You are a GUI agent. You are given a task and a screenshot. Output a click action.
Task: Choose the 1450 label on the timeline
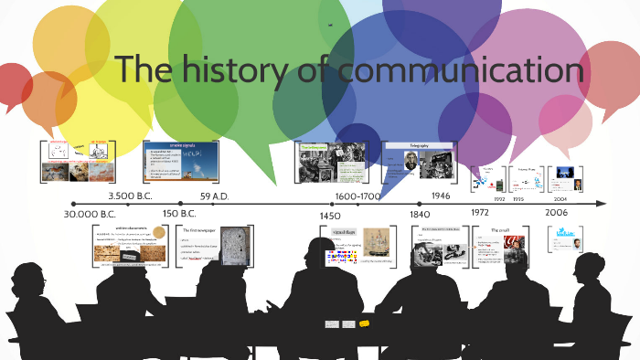[329, 214]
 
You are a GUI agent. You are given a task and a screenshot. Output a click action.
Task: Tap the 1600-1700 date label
[359, 196]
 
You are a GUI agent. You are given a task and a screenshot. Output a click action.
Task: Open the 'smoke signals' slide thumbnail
[182, 163]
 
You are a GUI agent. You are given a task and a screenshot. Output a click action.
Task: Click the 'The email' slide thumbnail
[501, 245]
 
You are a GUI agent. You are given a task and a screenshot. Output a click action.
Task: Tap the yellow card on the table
[364, 323]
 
